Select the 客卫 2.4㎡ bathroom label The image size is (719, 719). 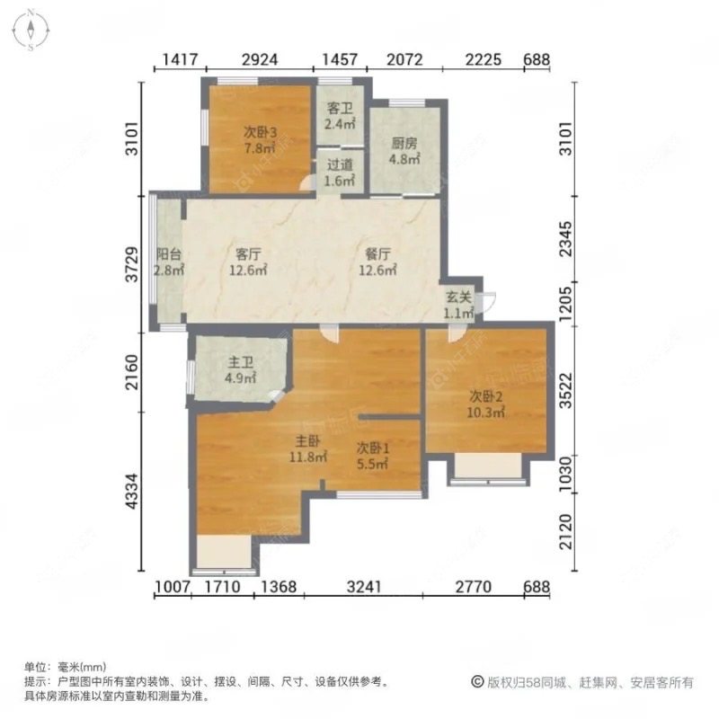pos(341,117)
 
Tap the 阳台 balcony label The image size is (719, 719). pos(169,262)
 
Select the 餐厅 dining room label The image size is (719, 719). pos(377,262)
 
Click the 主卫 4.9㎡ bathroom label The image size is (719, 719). pos(240,370)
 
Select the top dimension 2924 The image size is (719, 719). pos(260,61)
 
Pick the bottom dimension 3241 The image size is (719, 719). pos(364,588)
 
